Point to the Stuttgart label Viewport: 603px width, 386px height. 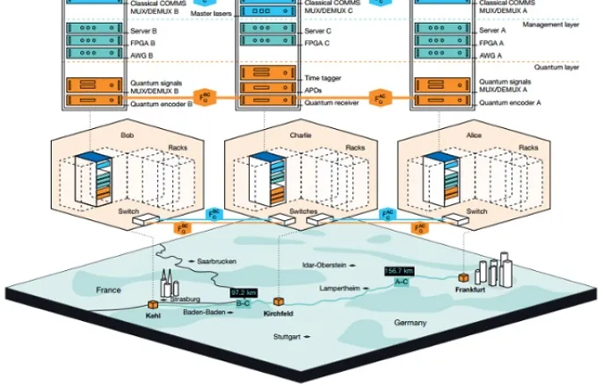(x=291, y=337)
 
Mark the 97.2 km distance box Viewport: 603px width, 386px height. (x=243, y=292)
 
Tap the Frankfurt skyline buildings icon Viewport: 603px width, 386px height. (x=493, y=268)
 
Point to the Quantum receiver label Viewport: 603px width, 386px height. (x=330, y=102)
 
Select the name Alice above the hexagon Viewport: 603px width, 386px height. (x=473, y=134)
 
